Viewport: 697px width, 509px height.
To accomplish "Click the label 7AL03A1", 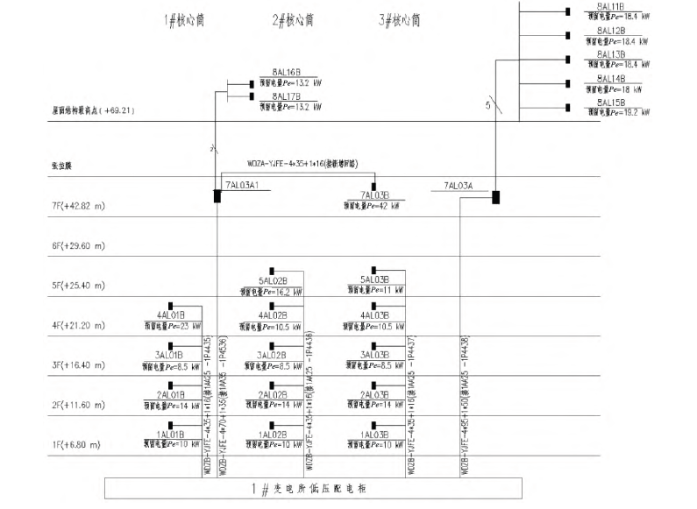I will pyautogui.click(x=243, y=185).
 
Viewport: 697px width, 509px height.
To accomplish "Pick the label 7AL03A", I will pyautogui.click(x=459, y=185).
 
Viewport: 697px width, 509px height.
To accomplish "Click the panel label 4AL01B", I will pyautogui.click(x=170, y=313).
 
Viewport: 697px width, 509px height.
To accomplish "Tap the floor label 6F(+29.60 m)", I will pyautogui.click(x=79, y=246).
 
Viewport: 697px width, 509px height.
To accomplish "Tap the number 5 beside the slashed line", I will pyautogui.click(x=487, y=106).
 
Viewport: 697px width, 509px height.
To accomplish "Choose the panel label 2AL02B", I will pyautogui.click(x=273, y=394).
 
